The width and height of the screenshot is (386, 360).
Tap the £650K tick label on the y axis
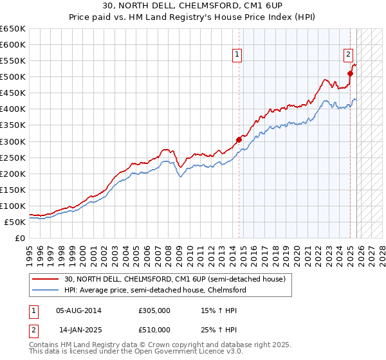(x=13, y=29)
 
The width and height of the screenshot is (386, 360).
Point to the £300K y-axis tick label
(x=13, y=141)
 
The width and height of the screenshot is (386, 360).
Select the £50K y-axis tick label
(x=15, y=222)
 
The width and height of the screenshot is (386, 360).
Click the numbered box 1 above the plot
(x=237, y=55)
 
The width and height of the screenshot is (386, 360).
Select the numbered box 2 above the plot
(x=348, y=55)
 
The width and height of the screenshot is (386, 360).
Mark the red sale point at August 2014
(x=239, y=139)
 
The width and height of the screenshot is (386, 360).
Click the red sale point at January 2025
(x=350, y=73)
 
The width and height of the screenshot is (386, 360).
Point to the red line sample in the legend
(x=47, y=279)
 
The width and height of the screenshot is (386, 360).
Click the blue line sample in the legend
(x=47, y=290)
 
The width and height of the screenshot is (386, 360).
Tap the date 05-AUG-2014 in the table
(x=78, y=310)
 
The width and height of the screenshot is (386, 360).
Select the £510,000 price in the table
(x=154, y=330)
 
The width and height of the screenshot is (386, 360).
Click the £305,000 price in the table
(x=154, y=310)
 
